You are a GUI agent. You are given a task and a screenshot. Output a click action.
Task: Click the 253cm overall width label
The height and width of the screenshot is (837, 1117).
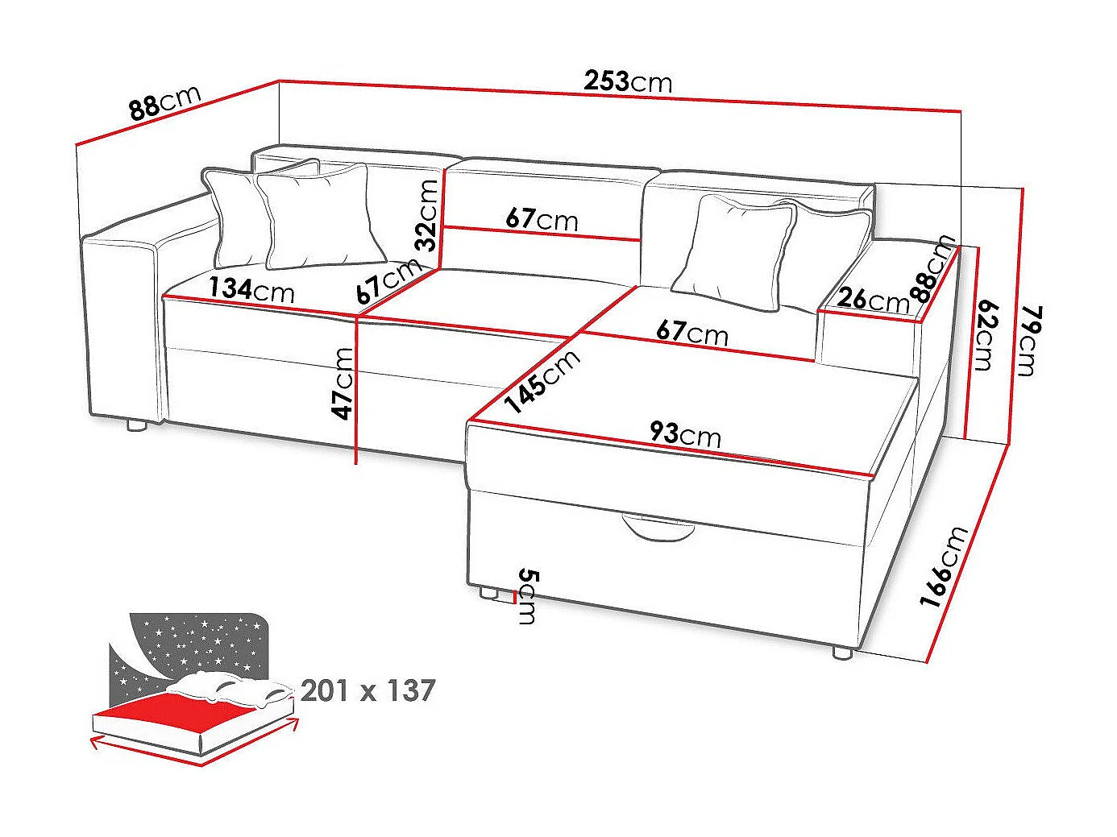(628, 81)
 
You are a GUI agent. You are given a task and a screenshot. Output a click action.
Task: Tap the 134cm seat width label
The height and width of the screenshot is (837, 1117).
(251, 289)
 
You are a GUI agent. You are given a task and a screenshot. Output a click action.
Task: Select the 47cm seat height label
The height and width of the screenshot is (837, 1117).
(344, 383)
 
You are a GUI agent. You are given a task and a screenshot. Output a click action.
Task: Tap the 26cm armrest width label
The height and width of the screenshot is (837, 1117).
(873, 300)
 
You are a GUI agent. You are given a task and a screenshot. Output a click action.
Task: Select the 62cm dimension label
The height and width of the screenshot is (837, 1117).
(983, 335)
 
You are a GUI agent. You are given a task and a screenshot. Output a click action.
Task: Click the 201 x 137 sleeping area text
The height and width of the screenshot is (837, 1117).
(367, 690)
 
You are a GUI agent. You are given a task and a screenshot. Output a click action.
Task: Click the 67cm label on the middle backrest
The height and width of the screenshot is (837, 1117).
(542, 218)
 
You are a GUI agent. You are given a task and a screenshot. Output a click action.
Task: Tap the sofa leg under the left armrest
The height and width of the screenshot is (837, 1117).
(136, 426)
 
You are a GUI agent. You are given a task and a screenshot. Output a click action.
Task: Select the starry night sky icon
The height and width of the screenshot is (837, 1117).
(193, 644)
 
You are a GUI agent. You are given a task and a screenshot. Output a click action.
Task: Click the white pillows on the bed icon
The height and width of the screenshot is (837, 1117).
(230, 689)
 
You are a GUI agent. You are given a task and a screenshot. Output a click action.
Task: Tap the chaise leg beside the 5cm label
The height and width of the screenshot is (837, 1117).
(487, 593)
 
